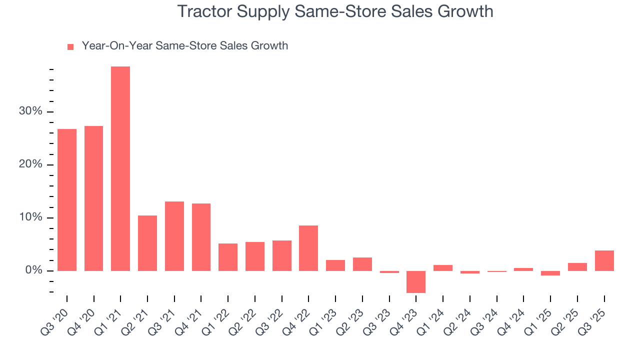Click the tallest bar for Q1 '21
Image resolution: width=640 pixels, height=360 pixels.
click(x=120, y=168)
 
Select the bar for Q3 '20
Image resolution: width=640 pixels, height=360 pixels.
click(x=67, y=200)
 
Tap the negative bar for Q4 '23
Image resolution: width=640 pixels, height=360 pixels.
click(x=416, y=282)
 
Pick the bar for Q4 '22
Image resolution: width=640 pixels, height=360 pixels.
click(x=308, y=248)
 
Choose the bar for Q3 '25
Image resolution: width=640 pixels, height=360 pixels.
click(x=604, y=260)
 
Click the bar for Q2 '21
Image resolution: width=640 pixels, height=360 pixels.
click(x=147, y=243)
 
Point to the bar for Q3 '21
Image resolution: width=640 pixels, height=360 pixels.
click(x=174, y=236)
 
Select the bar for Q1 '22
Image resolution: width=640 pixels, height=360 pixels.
click(x=228, y=257)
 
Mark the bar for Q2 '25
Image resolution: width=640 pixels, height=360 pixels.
click(x=577, y=267)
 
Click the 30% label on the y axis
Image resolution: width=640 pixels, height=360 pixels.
click(x=30, y=111)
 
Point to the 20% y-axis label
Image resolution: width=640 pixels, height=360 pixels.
click(x=30, y=164)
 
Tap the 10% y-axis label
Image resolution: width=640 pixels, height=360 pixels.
click(x=30, y=217)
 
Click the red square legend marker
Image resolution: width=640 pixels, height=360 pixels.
click(x=70, y=46)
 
